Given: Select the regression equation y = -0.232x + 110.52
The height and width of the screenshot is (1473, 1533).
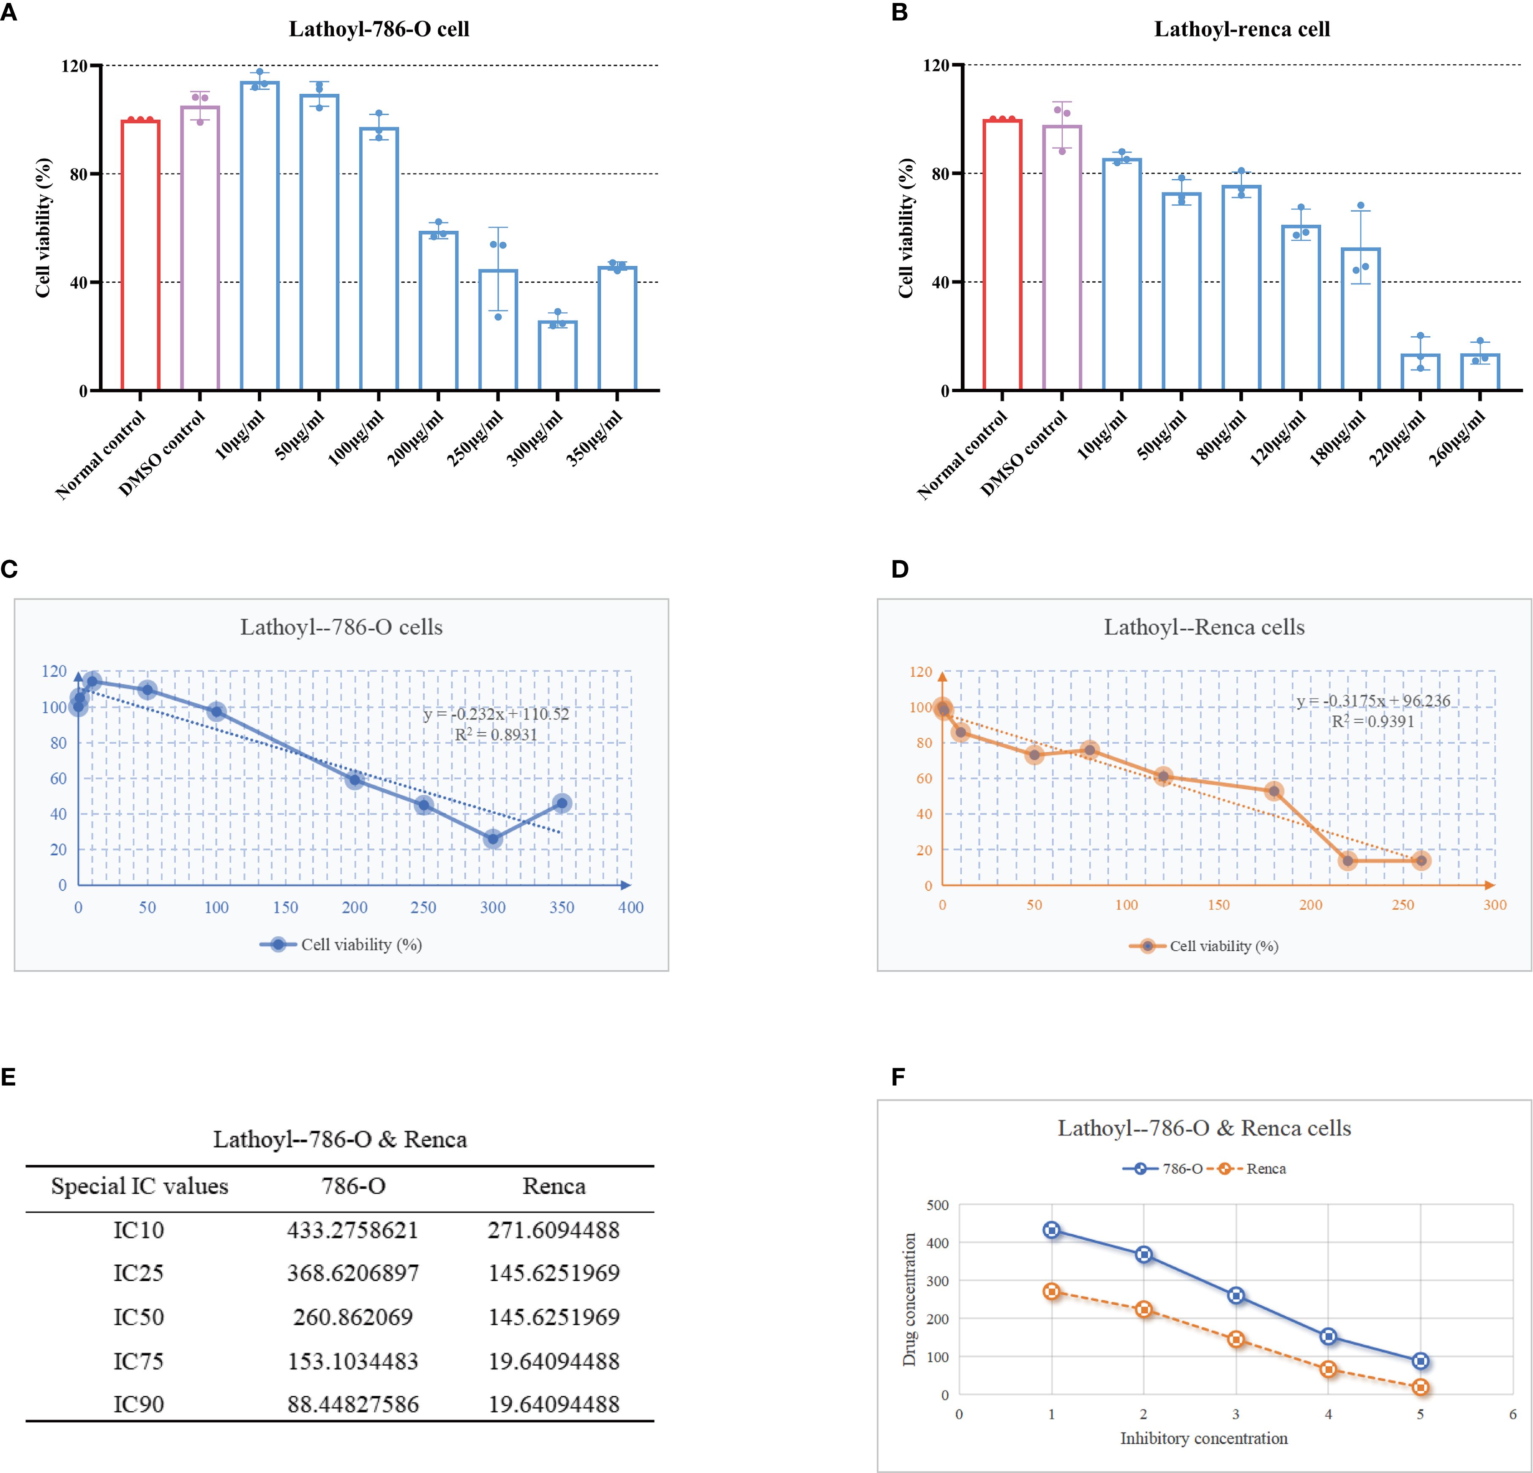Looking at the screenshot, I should pos(496,713).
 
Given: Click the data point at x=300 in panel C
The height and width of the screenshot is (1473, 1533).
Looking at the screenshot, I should pos(493,839).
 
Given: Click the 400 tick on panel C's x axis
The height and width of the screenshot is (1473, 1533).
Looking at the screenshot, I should pos(630,908).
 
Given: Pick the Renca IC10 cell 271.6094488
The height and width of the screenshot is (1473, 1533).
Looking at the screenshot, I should pos(554,1230).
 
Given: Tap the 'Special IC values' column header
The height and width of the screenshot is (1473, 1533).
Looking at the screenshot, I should pos(139,1186).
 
